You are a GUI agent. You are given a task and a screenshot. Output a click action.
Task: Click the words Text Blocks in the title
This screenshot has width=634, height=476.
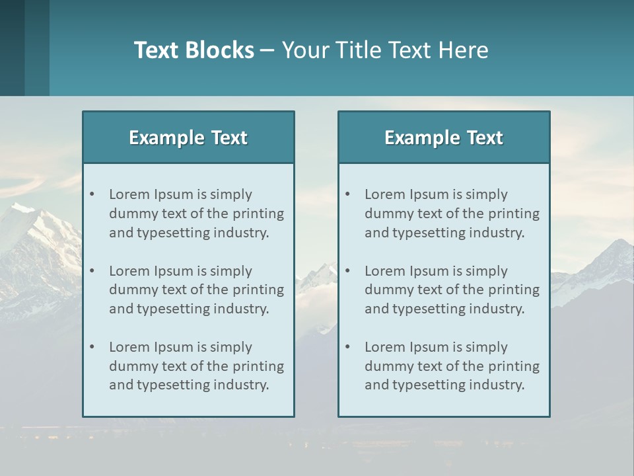coord(194,50)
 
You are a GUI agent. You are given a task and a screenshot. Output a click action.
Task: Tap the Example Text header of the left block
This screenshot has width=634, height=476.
coord(188,138)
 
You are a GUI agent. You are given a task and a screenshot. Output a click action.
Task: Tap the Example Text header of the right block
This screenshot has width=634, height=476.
coord(444,138)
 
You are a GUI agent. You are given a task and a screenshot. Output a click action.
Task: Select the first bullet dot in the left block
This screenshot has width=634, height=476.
coord(92,194)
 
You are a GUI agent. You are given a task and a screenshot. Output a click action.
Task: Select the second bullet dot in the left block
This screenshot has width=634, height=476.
coord(92,271)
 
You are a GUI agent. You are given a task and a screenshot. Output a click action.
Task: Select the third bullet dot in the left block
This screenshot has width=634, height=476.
coord(92,347)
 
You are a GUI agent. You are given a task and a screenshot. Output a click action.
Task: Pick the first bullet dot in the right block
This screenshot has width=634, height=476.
coord(348,194)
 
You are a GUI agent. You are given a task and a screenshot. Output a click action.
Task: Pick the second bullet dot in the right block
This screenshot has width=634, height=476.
coord(348,271)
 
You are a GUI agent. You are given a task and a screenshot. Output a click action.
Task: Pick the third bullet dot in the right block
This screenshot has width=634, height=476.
coord(348,347)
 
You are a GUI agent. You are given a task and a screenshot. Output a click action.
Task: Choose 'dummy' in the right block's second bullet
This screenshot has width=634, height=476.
coord(387,290)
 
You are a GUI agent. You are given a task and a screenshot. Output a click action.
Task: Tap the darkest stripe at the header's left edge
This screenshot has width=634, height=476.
coord(12,48)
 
